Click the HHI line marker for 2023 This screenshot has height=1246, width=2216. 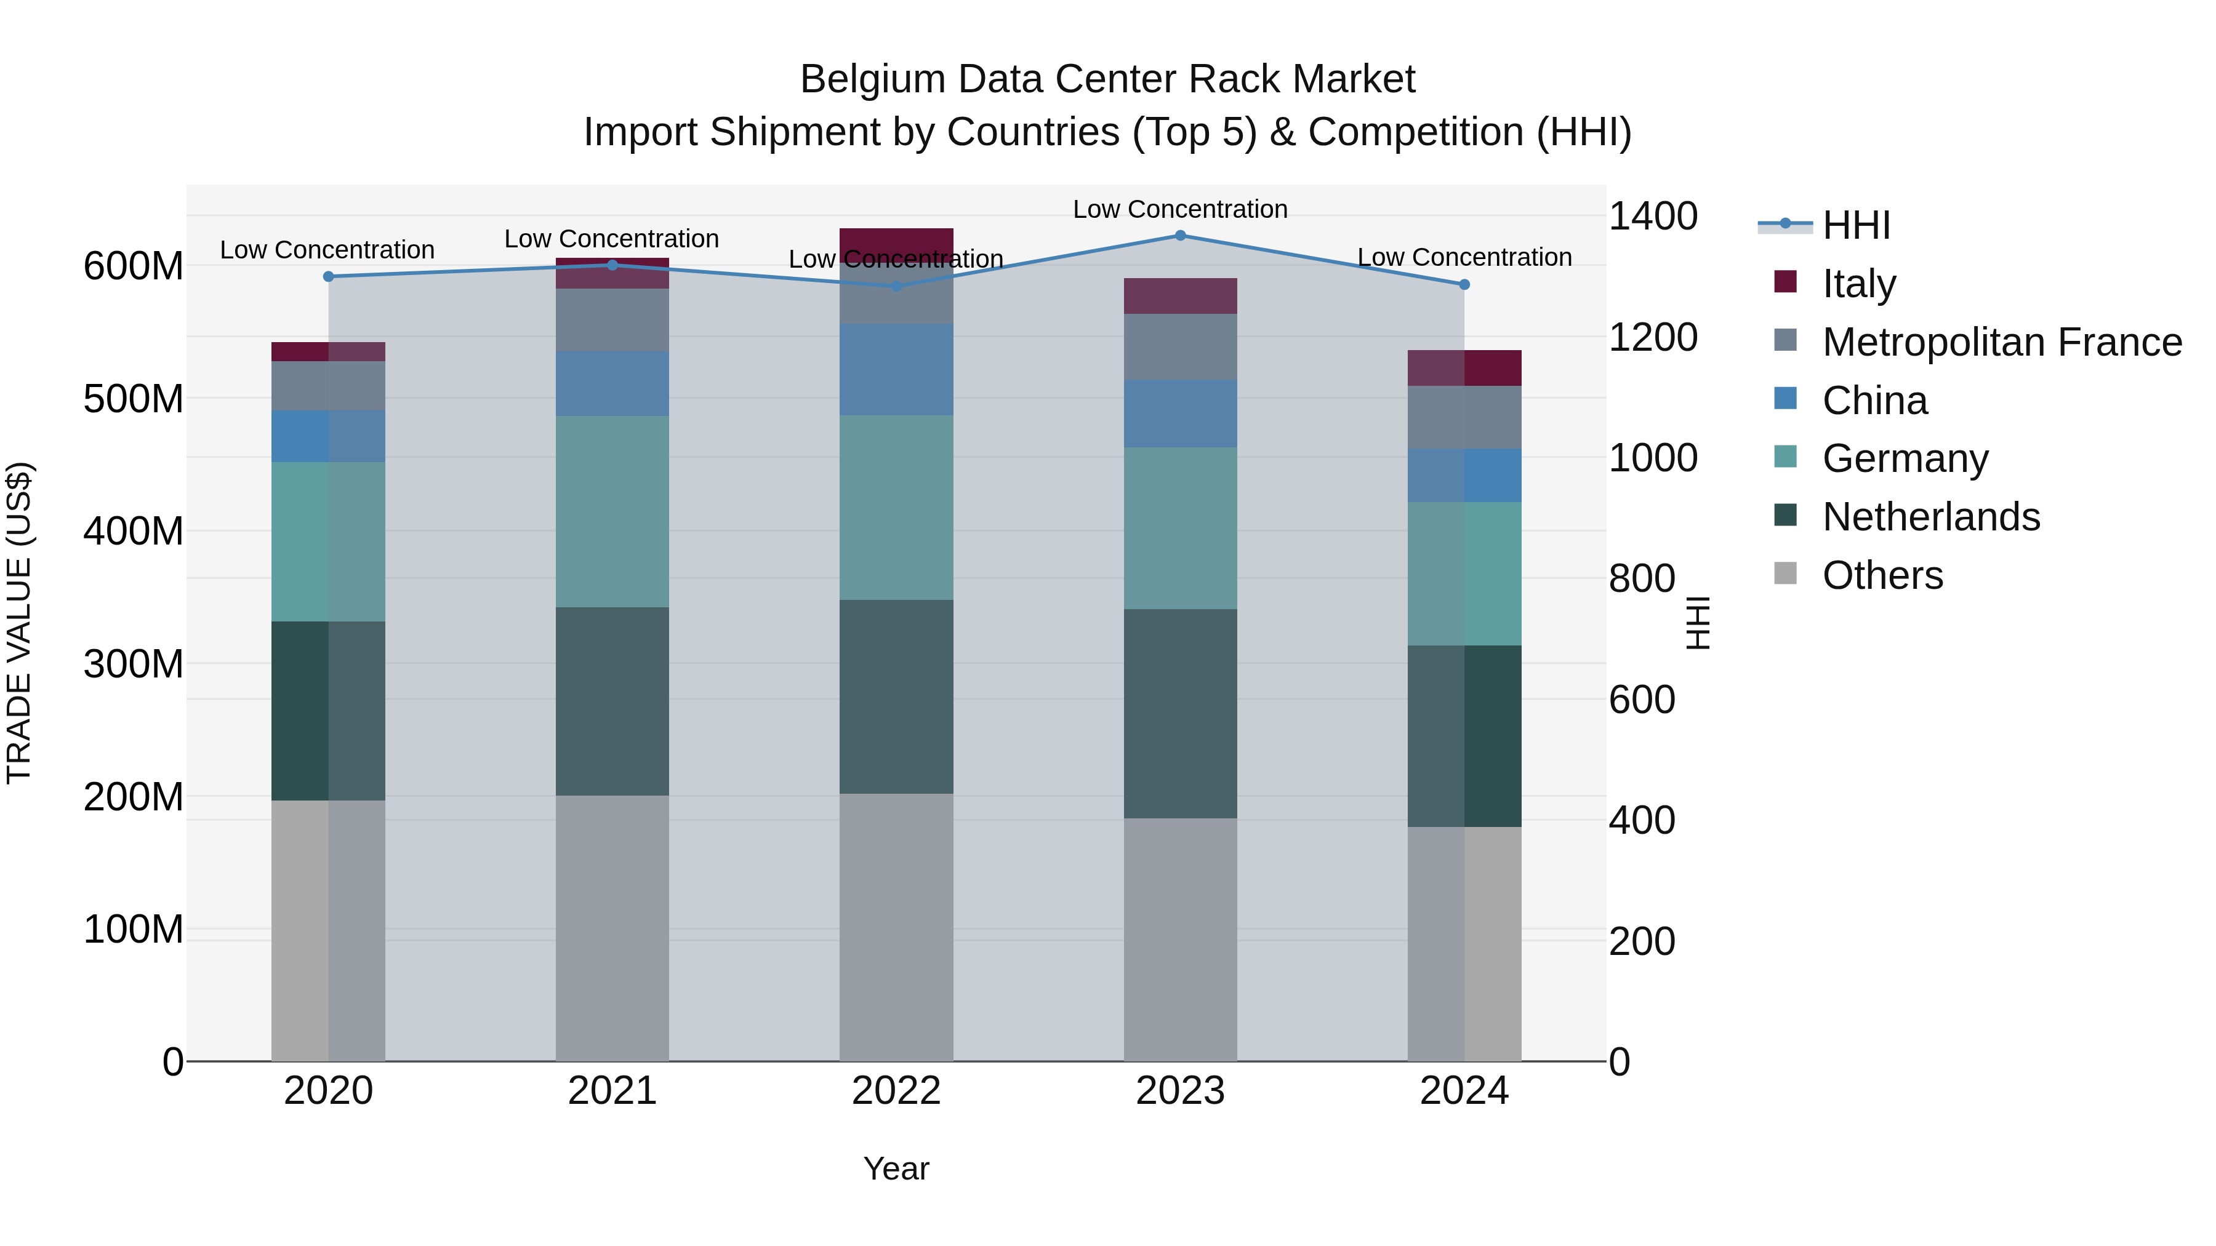coord(1180,236)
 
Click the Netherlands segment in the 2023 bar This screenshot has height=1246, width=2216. coord(1180,714)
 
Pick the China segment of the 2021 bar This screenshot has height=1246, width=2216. coord(612,383)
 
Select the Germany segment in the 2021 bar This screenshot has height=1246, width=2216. coord(612,512)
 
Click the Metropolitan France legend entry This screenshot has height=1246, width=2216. coord(2002,342)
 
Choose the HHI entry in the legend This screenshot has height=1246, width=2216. coord(1855,225)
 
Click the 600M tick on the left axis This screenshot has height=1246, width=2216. coord(134,266)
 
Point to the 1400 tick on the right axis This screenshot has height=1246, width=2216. coord(1653,217)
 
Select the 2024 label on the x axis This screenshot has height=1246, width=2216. coord(1464,1091)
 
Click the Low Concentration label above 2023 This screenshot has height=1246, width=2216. coord(1180,209)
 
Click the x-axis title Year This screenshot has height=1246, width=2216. coord(896,1168)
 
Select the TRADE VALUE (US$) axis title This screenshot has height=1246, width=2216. coord(20,623)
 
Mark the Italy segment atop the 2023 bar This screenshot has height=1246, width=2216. coord(1180,296)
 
